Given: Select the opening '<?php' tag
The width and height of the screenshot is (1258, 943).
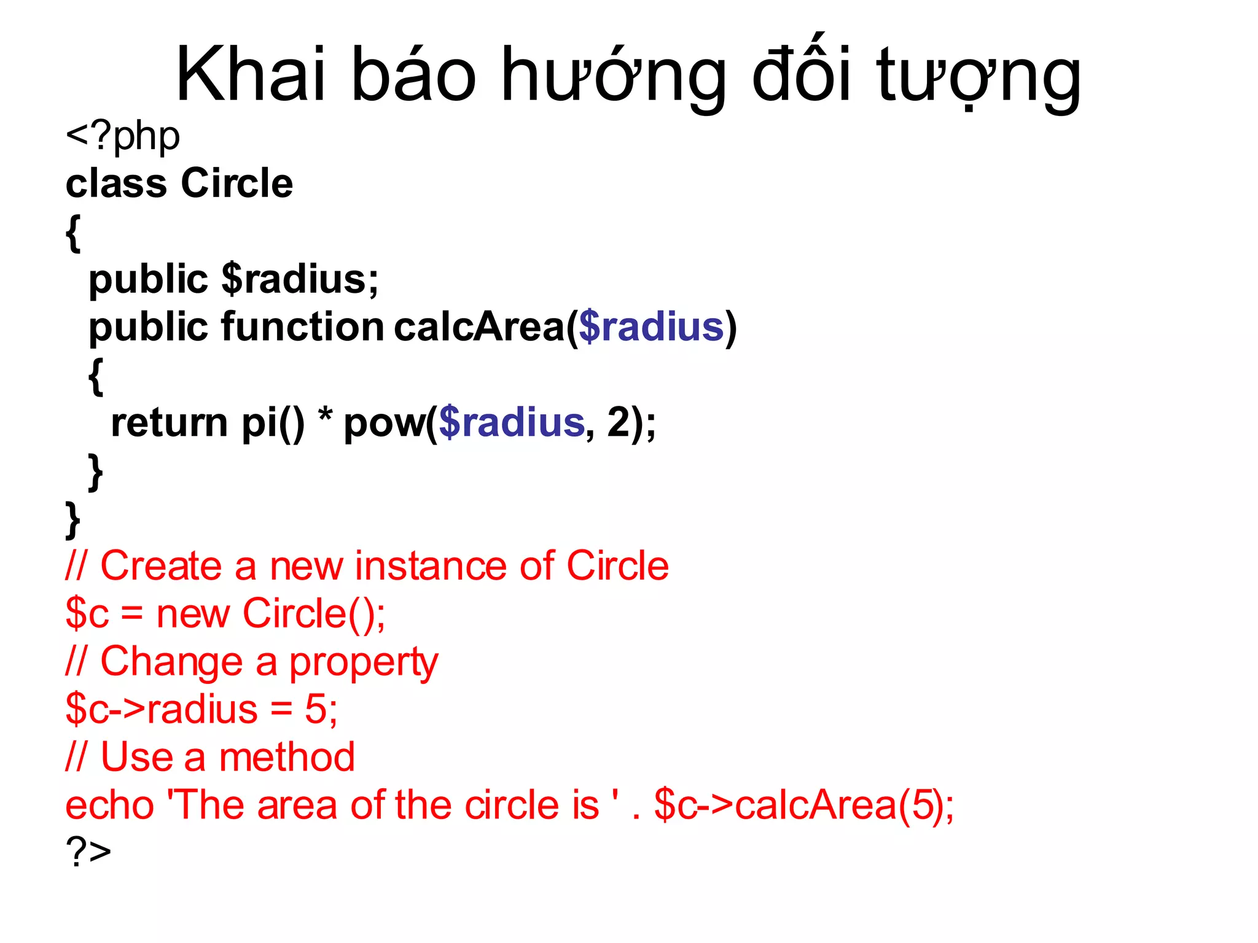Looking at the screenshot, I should point(123,136).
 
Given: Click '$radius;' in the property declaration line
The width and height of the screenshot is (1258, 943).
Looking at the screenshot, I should point(300,279).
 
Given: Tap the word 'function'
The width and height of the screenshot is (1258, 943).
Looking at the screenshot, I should point(302,327).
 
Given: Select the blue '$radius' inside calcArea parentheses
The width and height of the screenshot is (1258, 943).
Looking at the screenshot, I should point(651,327).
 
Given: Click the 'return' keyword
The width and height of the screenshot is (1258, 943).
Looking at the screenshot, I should point(170,423).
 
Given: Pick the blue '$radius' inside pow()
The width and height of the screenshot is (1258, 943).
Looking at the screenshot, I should point(512,423).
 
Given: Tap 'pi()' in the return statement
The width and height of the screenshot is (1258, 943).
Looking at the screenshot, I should point(273,423).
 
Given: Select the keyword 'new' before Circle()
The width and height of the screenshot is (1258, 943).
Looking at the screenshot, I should point(193,613).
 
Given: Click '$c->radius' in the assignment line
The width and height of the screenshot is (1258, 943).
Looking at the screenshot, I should point(162,710).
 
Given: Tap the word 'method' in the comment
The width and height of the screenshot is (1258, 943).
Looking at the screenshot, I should point(287,757).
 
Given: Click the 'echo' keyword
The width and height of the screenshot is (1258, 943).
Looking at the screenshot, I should point(110,805).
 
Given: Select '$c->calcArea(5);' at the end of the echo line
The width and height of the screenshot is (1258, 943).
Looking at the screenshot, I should point(803,805).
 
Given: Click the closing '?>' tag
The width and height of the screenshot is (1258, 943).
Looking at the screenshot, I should point(88,852).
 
